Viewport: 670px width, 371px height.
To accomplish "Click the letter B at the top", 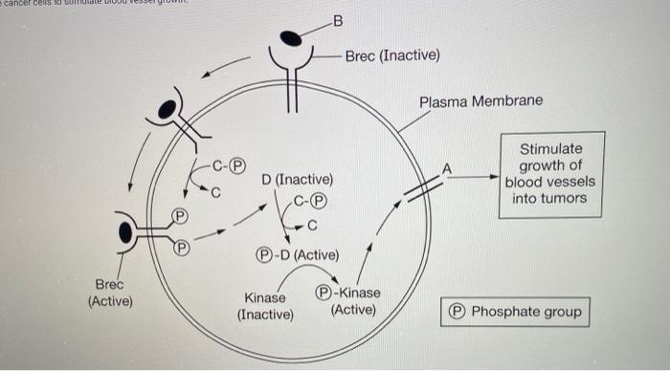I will pos(335,21).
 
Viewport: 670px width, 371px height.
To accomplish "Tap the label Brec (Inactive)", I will pos(392,55).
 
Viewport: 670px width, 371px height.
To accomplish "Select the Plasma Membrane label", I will pos(480,100).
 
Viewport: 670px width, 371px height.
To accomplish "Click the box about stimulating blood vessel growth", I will pos(550,174).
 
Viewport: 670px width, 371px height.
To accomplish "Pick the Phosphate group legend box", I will pos(514,312).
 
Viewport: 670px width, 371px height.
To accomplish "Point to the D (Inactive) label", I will pos(298,180).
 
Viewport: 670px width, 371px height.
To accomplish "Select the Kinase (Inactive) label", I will pos(265,305).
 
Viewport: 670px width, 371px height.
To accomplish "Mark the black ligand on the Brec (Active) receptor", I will pos(126,230).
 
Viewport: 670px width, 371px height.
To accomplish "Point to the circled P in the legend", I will pos(458,312).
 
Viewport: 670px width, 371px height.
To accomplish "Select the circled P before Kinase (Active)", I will pos(324,294).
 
